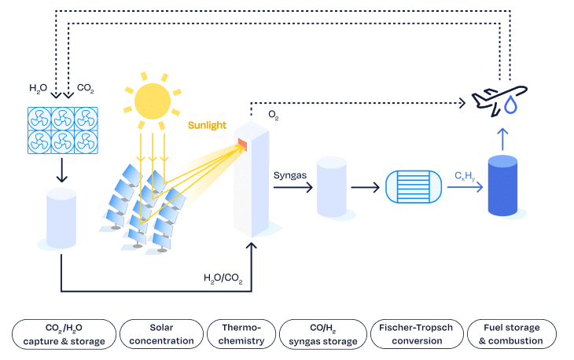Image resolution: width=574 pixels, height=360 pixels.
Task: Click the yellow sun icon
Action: coord(153,100)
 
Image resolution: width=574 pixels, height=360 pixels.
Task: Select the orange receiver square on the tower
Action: coord(242,143)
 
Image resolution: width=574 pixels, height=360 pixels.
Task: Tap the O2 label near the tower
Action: coord(273,115)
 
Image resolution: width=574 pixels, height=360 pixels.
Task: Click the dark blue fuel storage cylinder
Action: coord(507,186)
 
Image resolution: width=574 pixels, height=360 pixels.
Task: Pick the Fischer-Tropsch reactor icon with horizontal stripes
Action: coord(412,188)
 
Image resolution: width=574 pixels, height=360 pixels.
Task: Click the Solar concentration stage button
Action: coord(160,334)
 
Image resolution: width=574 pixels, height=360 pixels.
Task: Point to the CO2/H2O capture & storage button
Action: coord(64,334)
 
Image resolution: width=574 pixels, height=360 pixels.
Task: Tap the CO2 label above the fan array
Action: coord(86,89)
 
